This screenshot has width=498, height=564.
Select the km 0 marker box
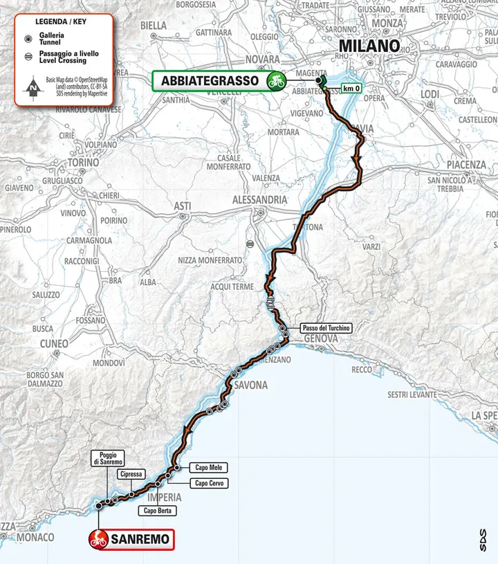(x=351, y=88)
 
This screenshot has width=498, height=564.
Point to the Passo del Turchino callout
(x=326, y=328)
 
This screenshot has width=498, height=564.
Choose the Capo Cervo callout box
(x=211, y=483)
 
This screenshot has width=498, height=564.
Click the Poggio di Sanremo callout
(x=109, y=458)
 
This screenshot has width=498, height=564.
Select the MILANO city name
(x=369, y=46)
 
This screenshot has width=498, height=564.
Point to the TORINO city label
(x=84, y=163)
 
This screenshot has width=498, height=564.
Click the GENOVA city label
(x=319, y=339)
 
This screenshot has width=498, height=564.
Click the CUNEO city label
(x=54, y=343)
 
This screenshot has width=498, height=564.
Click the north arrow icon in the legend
(x=31, y=88)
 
